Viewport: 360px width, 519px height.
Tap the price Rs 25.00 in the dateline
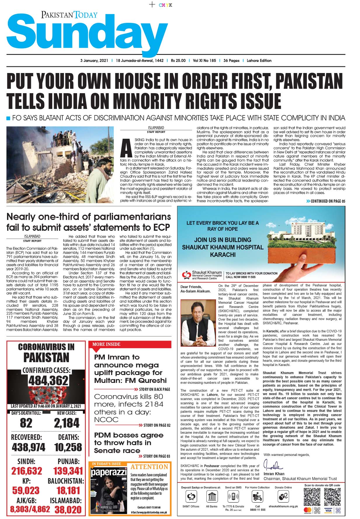coord(178,60)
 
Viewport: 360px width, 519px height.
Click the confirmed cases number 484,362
coord(48,381)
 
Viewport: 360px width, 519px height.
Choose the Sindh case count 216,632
coord(27,471)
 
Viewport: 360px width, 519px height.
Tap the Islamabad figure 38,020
coord(68,509)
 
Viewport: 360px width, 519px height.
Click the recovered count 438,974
coord(28,447)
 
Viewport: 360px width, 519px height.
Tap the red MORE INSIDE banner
coord(106,344)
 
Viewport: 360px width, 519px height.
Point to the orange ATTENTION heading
coord(149,467)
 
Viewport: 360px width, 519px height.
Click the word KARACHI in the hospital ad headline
coord(222,254)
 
